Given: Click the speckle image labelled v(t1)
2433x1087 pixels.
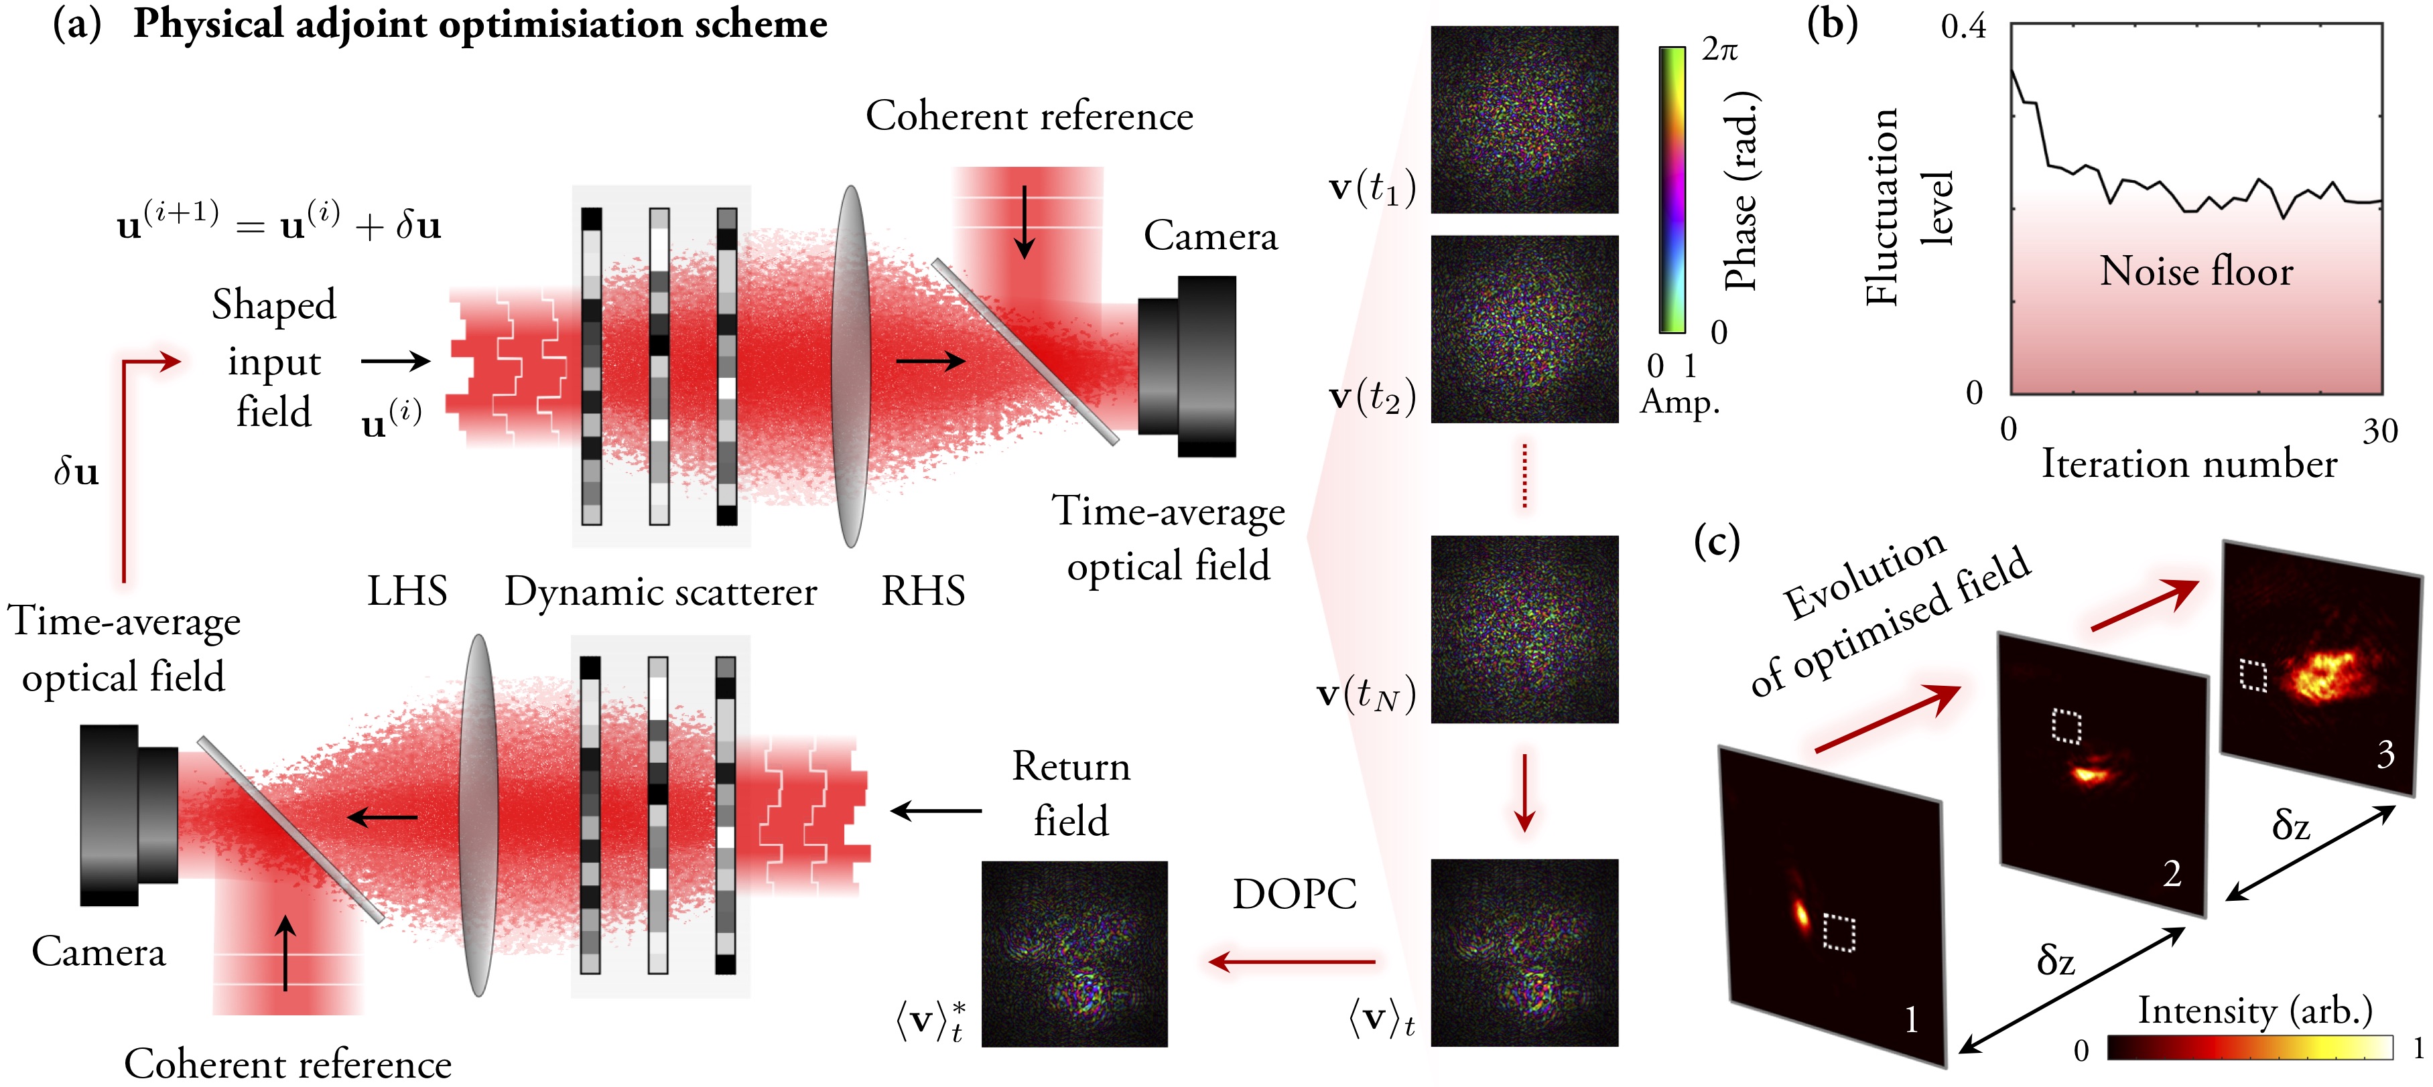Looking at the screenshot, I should pyautogui.click(x=1524, y=120).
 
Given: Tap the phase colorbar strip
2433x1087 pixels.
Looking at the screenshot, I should pyautogui.click(x=1672, y=190).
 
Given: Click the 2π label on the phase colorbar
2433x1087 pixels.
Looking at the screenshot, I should pyautogui.click(x=1719, y=49).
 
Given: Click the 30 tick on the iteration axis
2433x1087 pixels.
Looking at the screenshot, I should pyautogui.click(x=2380, y=431).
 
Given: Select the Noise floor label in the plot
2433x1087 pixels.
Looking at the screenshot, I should pyautogui.click(x=2196, y=272).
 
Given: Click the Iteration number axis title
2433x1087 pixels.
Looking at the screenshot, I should pyautogui.click(x=2188, y=465).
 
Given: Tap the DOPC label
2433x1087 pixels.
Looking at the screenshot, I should pyautogui.click(x=1294, y=893).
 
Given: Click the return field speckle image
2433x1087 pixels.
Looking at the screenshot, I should pyautogui.click(x=1075, y=954).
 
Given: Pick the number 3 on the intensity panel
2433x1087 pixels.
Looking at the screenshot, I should pyautogui.click(x=2386, y=753).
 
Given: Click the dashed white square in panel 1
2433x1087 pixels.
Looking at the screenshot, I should pyautogui.click(x=1839, y=932).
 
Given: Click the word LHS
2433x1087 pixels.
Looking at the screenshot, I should pyautogui.click(x=407, y=591).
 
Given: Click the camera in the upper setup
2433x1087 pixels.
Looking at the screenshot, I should pyautogui.click(x=1187, y=366).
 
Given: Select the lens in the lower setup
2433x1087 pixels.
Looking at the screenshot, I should pyautogui.click(x=479, y=815).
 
